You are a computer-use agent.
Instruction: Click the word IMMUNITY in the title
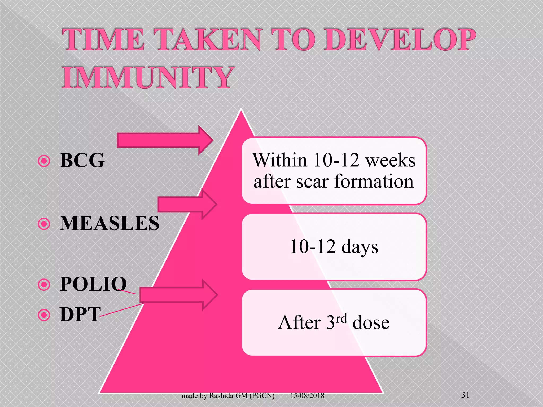click(148, 78)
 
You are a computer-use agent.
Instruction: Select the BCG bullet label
click(82, 160)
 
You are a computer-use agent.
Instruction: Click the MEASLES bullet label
click(110, 223)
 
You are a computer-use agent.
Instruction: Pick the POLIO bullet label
click(93, 284)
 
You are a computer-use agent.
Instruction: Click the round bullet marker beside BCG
click(44, 161)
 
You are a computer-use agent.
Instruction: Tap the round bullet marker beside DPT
click(44, 315)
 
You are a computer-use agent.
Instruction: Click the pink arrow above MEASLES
click(187, 204)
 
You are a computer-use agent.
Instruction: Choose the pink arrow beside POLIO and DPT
click(178, 295)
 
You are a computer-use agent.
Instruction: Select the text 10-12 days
click(334, 247)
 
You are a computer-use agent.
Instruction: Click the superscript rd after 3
click(341, 318)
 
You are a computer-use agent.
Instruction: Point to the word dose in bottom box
click(371, 323)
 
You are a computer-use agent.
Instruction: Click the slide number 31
click(466, 395)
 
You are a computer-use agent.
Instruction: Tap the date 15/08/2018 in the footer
click(307, 396)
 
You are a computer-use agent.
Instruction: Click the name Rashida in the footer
click(221, 396)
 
